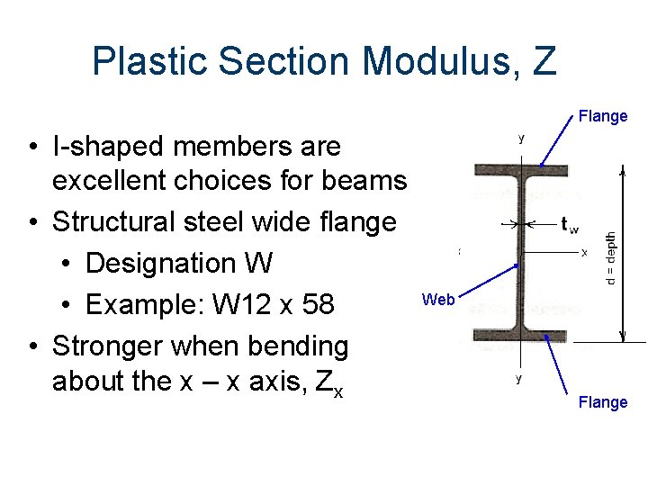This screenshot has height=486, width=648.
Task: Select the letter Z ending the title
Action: [544, 61]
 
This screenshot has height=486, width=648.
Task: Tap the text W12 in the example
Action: [245, 304]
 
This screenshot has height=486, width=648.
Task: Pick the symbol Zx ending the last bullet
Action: [332, 382]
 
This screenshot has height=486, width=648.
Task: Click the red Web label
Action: [438, 300]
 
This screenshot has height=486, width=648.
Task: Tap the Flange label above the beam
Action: [603, 116]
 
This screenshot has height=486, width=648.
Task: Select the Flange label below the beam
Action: [603, 402]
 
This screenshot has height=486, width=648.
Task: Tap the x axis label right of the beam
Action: [584, 253]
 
